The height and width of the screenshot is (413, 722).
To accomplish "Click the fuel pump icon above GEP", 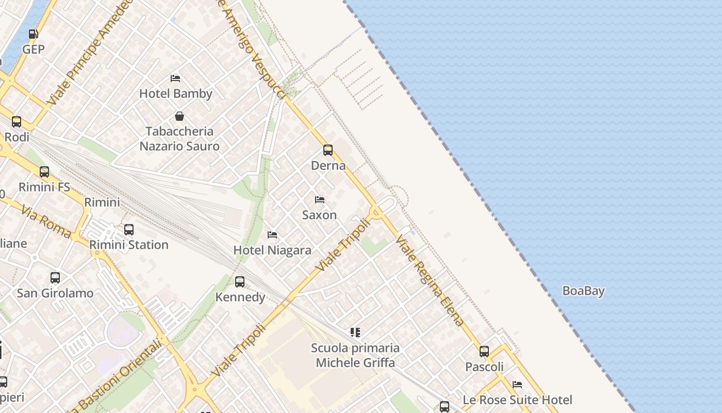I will [33, 34].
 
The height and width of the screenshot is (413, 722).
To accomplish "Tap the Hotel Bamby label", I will [176, 93].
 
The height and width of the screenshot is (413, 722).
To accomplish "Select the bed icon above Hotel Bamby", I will [175, 78].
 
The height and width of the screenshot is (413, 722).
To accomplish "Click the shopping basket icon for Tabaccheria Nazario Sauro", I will [179, 116].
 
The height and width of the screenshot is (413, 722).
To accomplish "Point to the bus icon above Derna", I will [328, 150].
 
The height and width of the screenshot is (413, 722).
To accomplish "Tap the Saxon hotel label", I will [319, 215].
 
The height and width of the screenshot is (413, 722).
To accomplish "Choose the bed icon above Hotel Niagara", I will [272, 235].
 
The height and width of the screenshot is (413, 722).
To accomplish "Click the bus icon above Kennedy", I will [240, 282].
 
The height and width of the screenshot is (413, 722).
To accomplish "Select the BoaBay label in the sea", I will [583, 291].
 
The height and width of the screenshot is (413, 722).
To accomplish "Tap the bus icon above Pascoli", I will [484, 352].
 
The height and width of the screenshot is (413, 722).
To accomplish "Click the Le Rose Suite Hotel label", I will [517, 400].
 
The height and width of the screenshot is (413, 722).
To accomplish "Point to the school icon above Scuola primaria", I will [355, 332].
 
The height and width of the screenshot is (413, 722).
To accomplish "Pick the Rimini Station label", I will [129, 244].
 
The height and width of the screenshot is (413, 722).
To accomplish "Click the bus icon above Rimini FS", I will [44, 171].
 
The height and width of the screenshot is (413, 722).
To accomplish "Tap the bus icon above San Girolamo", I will [55, 278].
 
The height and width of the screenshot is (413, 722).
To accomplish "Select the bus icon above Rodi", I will [17, 122].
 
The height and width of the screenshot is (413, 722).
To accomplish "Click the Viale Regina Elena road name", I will [430, 280].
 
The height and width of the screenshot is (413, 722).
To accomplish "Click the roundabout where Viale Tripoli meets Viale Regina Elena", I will [375, 211].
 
